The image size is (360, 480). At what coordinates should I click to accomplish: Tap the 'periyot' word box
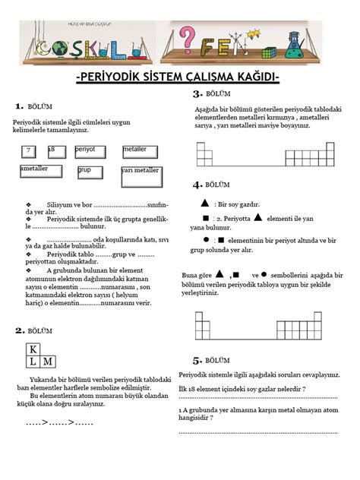[x=90, y=151]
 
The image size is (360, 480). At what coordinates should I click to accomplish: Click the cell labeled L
[x=33, y=362]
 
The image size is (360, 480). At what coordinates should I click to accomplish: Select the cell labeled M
[x=47, y=362]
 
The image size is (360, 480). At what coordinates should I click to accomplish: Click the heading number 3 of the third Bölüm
[x=197, y=93]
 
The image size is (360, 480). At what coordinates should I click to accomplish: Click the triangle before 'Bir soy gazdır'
[x=205, y=204]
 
